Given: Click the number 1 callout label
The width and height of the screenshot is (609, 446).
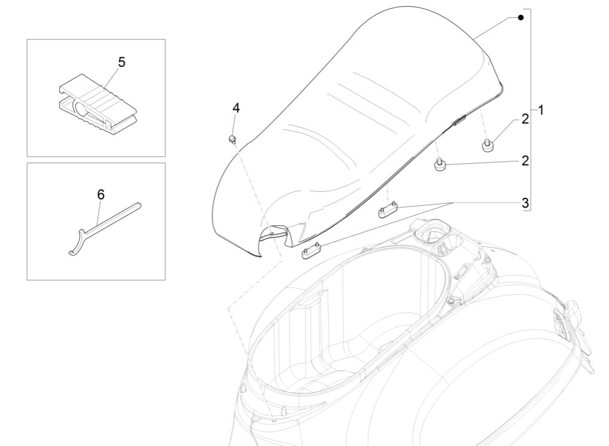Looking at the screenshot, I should [x=540, y=111].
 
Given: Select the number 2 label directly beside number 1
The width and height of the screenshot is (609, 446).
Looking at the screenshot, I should [x=525, y=118].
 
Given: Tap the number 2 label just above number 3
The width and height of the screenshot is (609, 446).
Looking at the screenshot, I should [x=525, y=160].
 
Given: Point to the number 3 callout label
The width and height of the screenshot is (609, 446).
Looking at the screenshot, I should [x=525, y=203].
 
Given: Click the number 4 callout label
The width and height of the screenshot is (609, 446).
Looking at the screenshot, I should [x=236, y=108].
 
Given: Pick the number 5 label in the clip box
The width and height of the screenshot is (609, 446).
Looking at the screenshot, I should [x=121, y=62].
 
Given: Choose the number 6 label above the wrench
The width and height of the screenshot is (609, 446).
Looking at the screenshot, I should [x=101, y=194].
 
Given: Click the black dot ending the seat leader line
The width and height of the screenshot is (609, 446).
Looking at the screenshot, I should [x=520, y=18].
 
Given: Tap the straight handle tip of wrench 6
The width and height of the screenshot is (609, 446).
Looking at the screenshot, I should [x=139, y=205].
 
